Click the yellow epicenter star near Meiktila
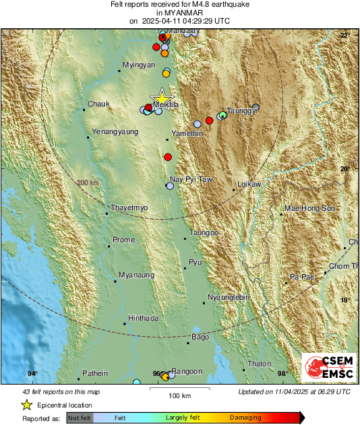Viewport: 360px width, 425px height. [162, 96]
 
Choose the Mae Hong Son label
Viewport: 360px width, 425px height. [309, 209]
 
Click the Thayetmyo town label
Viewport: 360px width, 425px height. [129, 208]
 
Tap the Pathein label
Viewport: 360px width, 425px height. [94, 372]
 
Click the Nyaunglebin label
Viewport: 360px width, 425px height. [228, 297]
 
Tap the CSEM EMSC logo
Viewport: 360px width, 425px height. [328, 367]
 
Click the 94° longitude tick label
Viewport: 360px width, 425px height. [32, 374]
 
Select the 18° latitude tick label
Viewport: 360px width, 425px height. [344, 300]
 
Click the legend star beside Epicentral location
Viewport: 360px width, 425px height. [27, 405]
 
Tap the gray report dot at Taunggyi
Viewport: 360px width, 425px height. [256, 108]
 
